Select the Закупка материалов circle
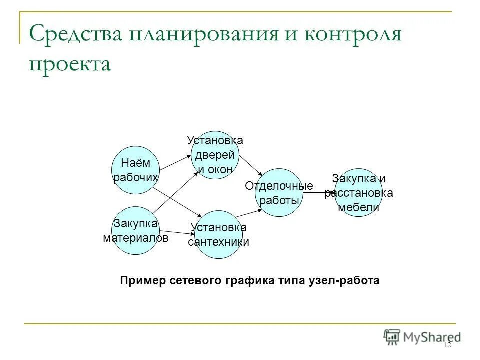tap(135, 230)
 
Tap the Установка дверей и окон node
tap(215, 155)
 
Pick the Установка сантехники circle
tap(218, 235)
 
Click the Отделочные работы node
tap(279, 193)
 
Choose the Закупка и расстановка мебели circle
tap(358, 193)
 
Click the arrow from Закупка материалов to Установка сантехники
tap(177, 232)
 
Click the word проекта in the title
tap(69, 64)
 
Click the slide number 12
tap(446, 345)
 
